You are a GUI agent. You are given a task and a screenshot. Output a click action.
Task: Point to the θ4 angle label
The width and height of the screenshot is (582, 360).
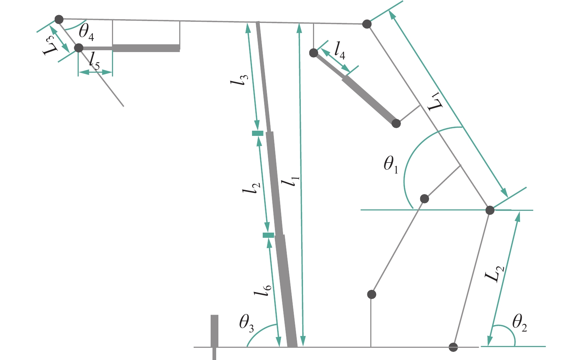[x=86, y=33]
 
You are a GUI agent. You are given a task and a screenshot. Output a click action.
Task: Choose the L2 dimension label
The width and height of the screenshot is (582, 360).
[x=495, y=274]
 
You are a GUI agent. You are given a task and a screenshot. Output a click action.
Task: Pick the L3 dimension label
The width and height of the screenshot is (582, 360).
[x=50, y=46]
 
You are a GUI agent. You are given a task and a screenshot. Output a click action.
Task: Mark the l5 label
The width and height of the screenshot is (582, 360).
[x=94, y=61]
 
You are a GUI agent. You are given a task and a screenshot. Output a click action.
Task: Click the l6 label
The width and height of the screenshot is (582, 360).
[x=263, y=291]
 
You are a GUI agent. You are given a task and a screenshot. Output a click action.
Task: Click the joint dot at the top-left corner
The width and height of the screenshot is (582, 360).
[x=59, y=20]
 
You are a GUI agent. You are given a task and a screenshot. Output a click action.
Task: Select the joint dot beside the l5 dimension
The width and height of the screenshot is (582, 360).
[x=79, y=48]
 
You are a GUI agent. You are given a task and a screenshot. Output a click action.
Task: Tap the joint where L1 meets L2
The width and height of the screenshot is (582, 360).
[x=490, y=210]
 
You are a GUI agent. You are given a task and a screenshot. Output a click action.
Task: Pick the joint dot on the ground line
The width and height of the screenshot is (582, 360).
[x=453, y=347]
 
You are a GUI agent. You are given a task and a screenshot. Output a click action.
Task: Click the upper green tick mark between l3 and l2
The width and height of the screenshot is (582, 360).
[x=258, y=133]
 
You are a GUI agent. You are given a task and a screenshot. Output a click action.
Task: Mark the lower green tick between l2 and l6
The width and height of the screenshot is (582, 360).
[x=268, y=236]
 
